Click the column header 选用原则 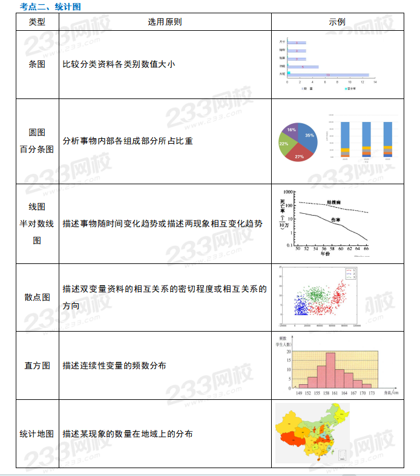tap(165, 22)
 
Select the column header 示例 tap(337, 22)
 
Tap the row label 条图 tap(37, 64)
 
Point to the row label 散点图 tap(37, 297)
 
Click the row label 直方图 tap(37, 365)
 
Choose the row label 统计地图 tap(37, 434)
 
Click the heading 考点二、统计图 tap(50, 7)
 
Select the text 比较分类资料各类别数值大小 tap(119, 64)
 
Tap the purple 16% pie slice tap(291, 130)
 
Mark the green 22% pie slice tap(284, 144)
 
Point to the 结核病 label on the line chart tap(334, 202)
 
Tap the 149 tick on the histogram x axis tap(298, 393)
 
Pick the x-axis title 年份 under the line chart tap(326, 254)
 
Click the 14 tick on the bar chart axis tap(376, 82)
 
